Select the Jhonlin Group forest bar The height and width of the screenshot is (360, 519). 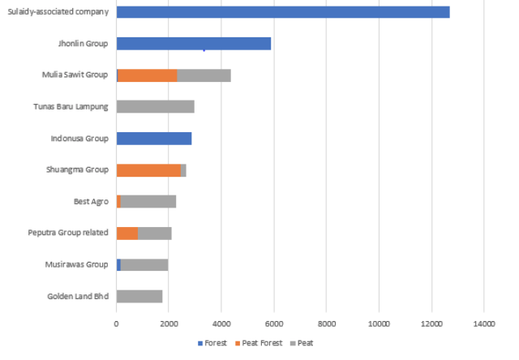(x=194, y=44)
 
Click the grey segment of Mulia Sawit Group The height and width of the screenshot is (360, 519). (x=204, y=75)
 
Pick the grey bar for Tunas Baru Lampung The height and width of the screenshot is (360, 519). (x=155, y=106)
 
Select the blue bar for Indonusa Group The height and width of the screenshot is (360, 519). (x=154, y=138)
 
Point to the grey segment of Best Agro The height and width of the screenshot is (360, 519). (x=148, y=201)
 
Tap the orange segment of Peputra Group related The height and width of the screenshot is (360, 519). (x=127, y=234)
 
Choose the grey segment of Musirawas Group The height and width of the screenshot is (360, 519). (x=144, y=264)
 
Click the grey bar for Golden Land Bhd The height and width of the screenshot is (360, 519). (x=139, y=296)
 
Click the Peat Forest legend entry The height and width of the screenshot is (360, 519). (x=260, y=343)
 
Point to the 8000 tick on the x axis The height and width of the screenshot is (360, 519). (x=326, y=324)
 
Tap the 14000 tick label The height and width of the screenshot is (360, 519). (x=483, y=324)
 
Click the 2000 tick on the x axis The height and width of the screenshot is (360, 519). (x=169, y=324)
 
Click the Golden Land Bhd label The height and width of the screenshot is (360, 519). (x=78, y=296)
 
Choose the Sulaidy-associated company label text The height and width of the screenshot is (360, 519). (x=58, y=12)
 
